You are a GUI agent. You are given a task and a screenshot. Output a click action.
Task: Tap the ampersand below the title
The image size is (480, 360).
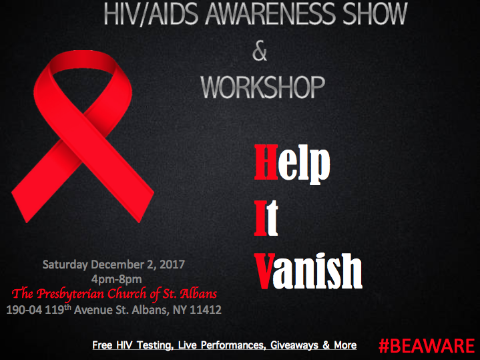coord(260,52)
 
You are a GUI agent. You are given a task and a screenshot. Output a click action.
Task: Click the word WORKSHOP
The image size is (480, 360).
coord(263,87)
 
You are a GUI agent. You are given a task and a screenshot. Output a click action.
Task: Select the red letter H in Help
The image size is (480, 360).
coord(265,162)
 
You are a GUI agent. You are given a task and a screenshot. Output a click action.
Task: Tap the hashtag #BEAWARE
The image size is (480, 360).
coord(426,345)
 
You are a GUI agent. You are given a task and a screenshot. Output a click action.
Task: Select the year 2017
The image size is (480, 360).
coord(170,264)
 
